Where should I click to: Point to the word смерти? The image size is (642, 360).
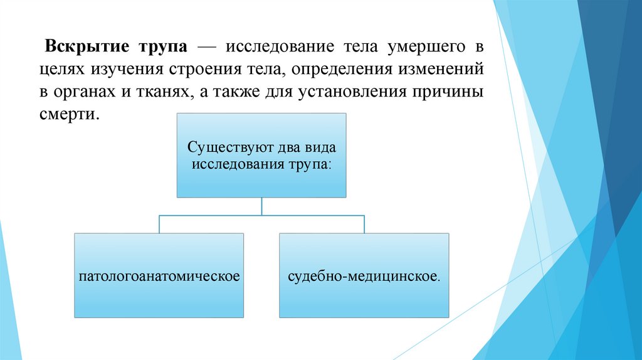[69, 115]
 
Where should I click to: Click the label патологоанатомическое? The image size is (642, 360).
[159, 276]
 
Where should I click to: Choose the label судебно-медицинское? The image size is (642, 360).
[364, 276]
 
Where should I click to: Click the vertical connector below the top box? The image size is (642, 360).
[261, 206]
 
